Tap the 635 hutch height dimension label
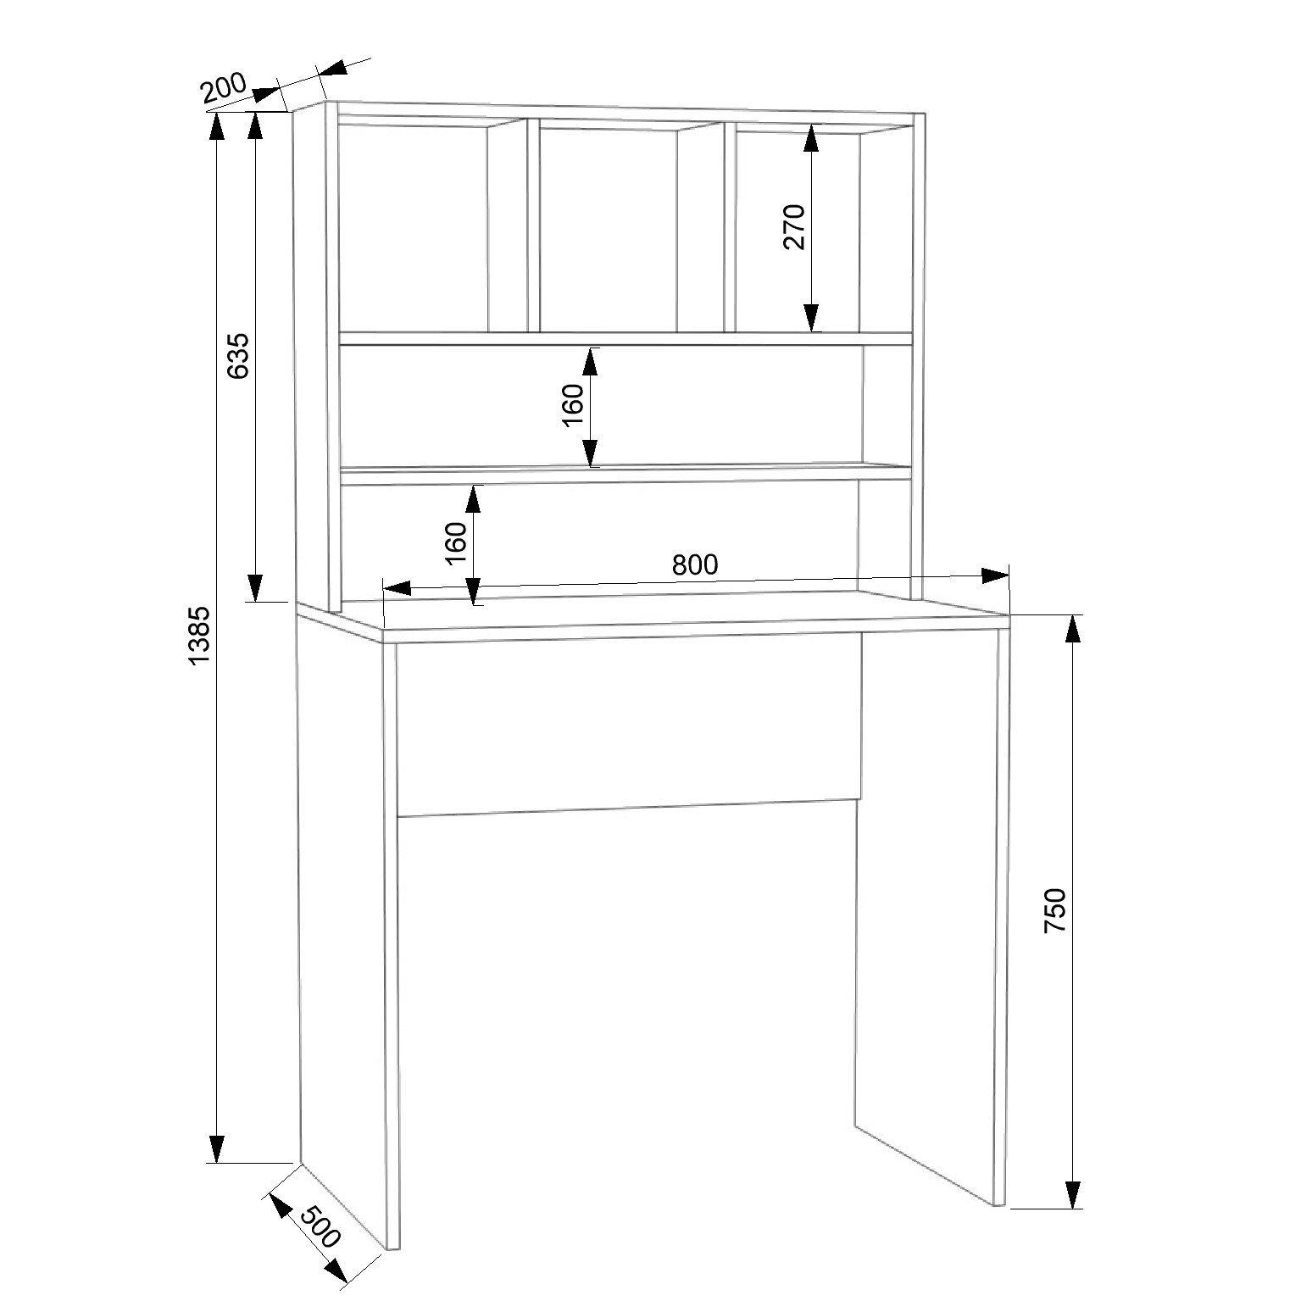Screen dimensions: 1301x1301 239,356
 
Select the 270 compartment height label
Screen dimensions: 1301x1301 794,226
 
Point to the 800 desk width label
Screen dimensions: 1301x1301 695,564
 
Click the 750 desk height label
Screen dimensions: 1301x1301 1054,910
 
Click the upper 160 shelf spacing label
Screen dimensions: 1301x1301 573,406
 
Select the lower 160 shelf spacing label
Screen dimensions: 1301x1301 455,543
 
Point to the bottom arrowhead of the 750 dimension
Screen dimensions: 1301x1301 1073,1193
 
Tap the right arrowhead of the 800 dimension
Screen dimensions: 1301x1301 995,575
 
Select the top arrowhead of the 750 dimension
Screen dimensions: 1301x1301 1073,630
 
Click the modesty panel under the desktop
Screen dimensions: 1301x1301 628,725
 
